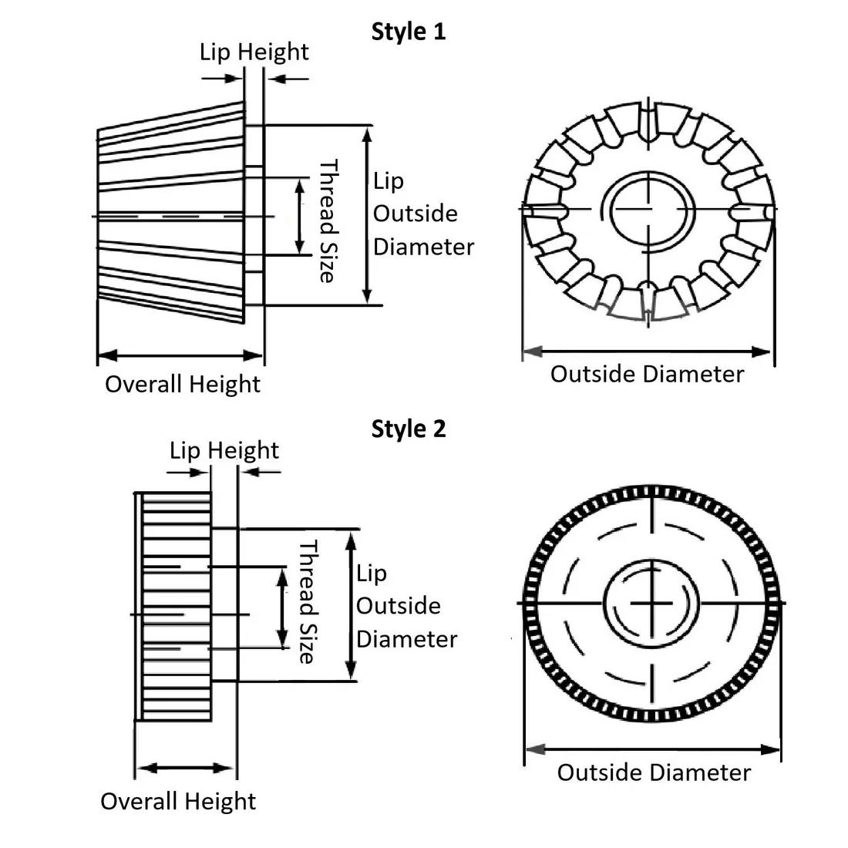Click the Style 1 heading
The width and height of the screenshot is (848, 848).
(409, 32)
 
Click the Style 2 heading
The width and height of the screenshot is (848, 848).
(409, 429)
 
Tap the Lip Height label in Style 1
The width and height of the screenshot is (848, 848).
(254, 52)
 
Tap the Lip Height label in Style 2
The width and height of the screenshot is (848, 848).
(224, 449)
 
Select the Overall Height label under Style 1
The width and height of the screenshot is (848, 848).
(183, 384)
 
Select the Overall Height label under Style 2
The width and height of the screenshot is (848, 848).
(178, 801)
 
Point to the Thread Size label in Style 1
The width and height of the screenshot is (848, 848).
(328, 221)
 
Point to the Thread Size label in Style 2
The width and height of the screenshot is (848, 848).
(308, 602)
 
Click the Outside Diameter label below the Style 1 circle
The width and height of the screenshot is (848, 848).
(647, 375)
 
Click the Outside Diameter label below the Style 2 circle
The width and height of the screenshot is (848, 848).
(654, 772)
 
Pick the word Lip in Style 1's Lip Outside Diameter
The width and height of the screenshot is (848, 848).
(389, 182)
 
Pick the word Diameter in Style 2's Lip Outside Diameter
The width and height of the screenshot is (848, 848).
(406, 639)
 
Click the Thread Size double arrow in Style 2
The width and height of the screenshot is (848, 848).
(282, 606)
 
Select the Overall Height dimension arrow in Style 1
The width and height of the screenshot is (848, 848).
(180, 355)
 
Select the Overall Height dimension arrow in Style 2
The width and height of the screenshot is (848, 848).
(186, 768)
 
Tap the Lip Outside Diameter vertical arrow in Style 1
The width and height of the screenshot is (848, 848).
(368, 215)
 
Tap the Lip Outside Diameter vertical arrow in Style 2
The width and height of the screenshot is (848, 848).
(351, 605)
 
